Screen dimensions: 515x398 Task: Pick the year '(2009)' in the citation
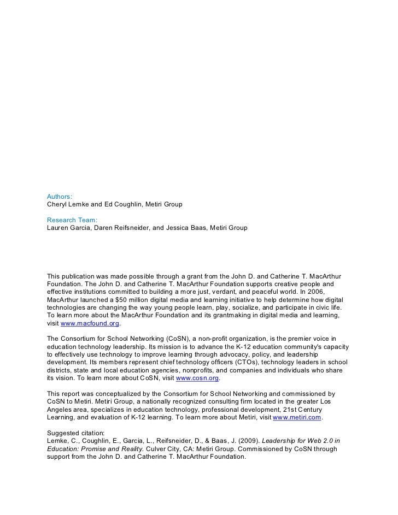(x=251, y=441)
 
